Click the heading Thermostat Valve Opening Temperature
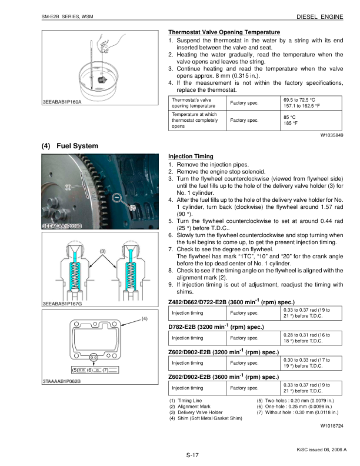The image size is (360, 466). point(224,31)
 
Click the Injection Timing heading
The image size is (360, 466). point(191,157)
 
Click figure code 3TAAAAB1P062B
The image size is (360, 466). point(62,381)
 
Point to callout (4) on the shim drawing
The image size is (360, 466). point(144,318)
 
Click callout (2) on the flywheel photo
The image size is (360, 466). point(132,208)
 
